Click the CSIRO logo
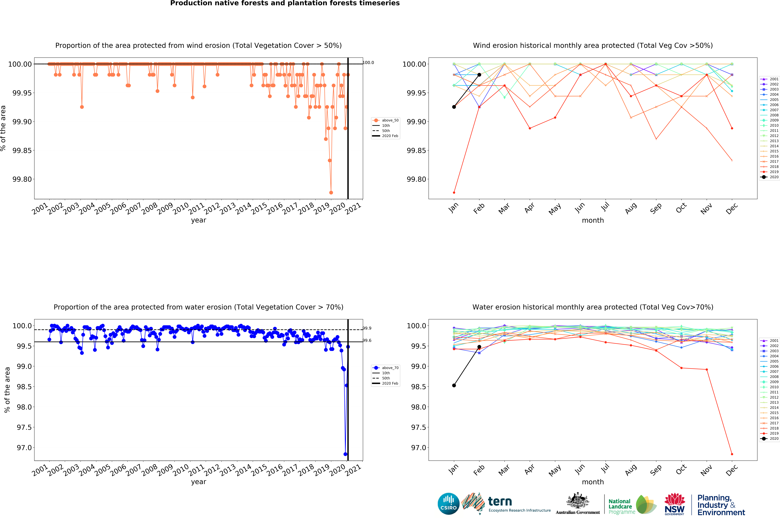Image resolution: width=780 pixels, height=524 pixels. point(448,504)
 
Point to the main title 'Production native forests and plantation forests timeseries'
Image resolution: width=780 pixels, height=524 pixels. point(285,3)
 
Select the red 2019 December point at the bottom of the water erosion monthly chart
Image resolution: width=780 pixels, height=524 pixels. point(732,454)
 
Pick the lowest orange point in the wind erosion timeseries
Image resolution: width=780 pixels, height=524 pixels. point(331,192)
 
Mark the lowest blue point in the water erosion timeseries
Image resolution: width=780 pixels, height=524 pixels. point(345,454)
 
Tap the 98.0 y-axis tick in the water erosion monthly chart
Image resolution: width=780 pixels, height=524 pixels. point(419,407)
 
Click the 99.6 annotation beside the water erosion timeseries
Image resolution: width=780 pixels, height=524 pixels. point(367,341)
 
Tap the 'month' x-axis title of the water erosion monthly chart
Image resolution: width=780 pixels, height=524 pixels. point(593,482)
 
